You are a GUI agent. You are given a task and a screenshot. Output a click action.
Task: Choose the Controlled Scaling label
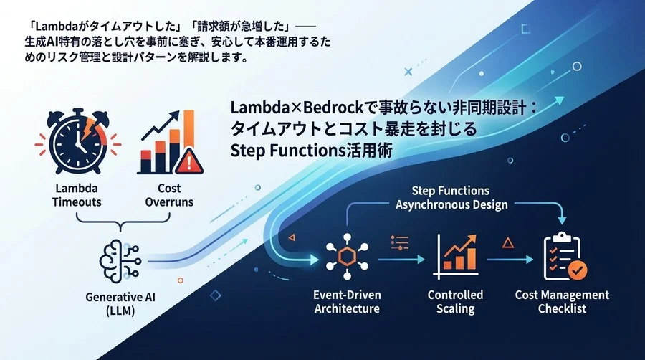point(455,301)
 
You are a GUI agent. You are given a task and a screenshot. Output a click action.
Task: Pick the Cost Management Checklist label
point(563,301)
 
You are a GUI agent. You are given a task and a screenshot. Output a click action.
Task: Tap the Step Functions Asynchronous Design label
point(451,197)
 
